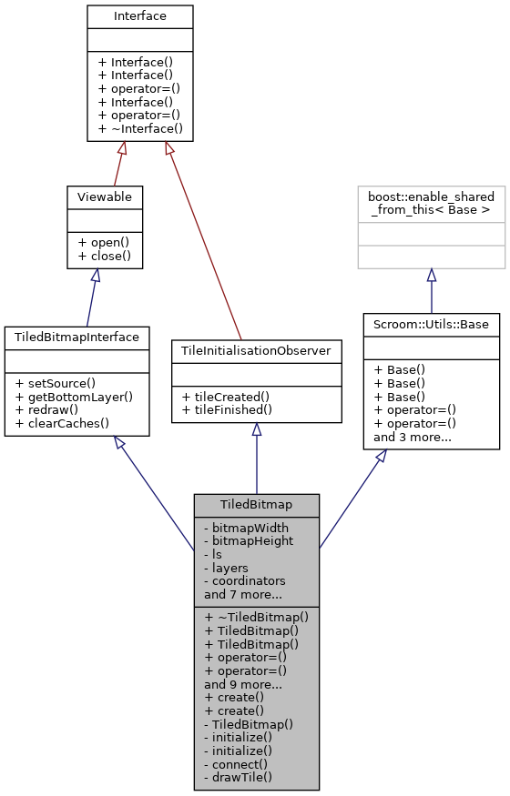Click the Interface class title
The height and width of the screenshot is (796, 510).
click(x=140, y=16)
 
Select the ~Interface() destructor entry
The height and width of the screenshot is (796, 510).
click(x=140, y=129)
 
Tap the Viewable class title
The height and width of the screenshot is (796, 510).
click(x=103, y=196)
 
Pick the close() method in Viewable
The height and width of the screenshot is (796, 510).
click(x=102, y=257)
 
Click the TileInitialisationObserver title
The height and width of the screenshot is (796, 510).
click(x=256, y=350)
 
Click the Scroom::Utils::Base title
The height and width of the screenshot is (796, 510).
click(x=431, y=323)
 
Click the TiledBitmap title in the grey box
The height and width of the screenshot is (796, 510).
click(x=256, y=504)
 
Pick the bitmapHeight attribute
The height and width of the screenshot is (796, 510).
click(x=249, y=540)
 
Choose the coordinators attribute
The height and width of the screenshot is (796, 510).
click(x=244, y=580)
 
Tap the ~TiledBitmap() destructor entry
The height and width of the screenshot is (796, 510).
click(x=257, y=616)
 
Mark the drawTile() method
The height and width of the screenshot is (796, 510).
click(x=238, y=778)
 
